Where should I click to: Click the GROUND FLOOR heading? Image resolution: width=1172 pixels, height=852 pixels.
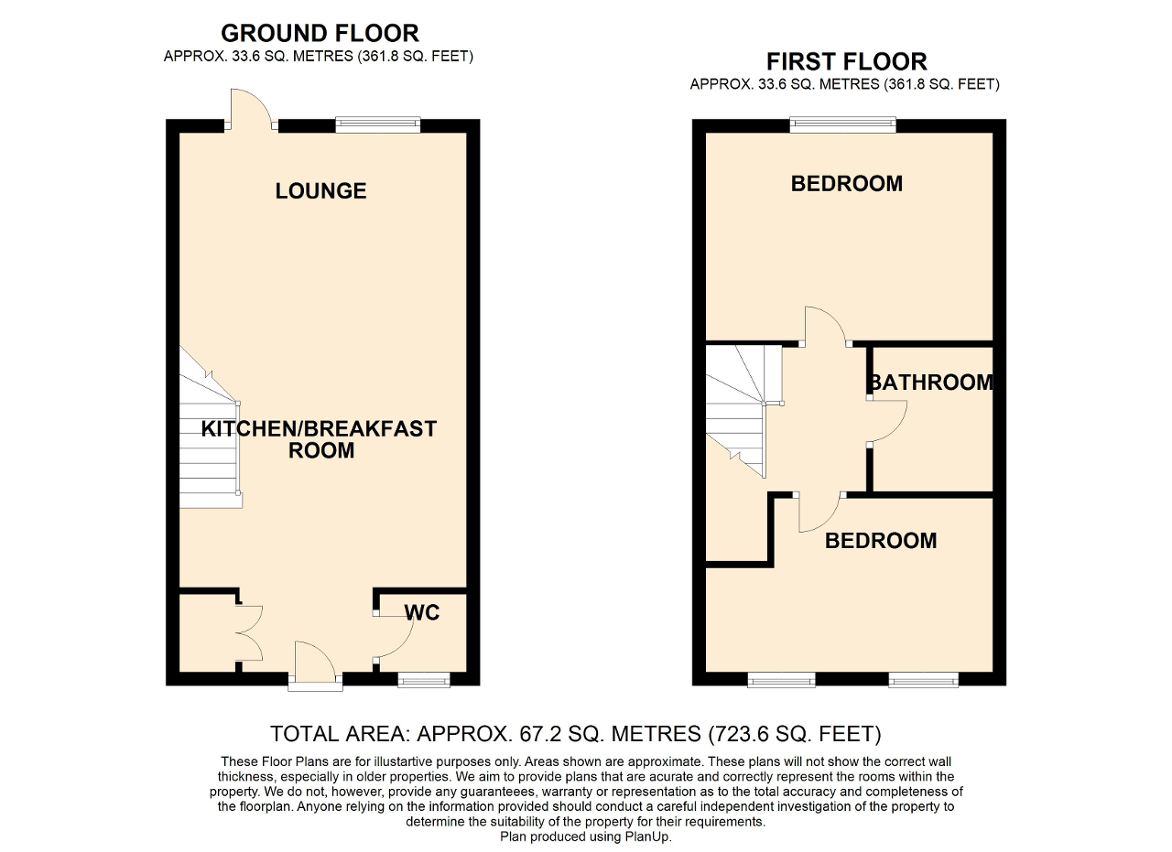coord(320,34)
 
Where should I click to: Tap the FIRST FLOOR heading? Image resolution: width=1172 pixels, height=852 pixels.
coord(847,61)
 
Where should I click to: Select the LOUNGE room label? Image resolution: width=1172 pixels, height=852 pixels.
coord(320,191)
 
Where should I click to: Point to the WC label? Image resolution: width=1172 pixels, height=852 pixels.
coord(422,612)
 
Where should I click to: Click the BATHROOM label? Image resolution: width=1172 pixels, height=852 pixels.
coord(931,383)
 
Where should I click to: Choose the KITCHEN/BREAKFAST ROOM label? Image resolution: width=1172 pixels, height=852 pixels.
coord(320,439)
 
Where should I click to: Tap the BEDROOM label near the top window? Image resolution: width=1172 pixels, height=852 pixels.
coord(847,184)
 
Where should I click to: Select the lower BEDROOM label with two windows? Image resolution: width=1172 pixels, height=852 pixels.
coord(881,541)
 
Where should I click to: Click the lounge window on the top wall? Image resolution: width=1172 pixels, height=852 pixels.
coord(378,124)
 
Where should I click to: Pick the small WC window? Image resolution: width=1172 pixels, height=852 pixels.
coord(424,680)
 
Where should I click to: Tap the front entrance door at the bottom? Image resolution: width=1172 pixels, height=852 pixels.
coord(315,666)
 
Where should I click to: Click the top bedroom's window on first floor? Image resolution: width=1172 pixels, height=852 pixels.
coord(843,124)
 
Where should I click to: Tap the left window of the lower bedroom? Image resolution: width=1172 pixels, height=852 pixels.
coord(781,680)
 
